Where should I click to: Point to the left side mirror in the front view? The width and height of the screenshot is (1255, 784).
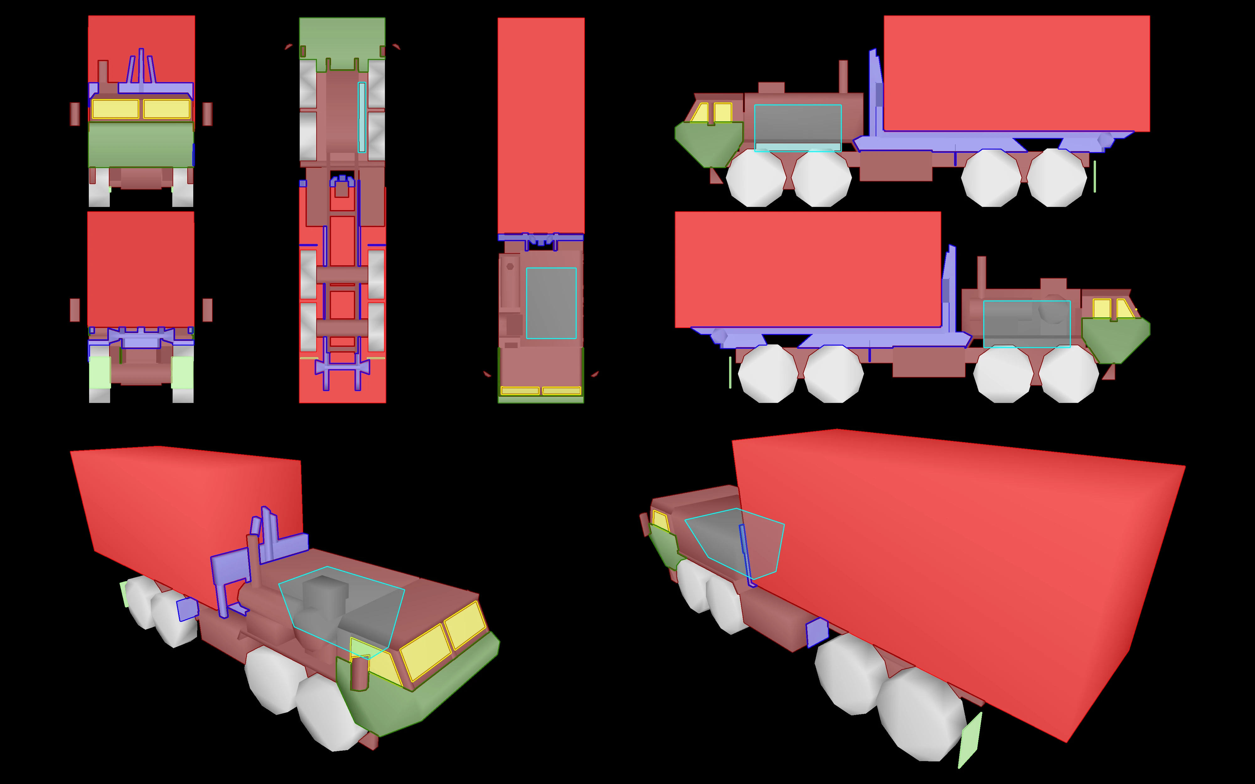click(75, 114)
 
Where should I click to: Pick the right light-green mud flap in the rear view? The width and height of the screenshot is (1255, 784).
click(183, 372)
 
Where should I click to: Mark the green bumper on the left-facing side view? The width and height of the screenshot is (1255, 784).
click(708, 143)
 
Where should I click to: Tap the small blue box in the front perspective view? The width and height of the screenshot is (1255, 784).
click(187, 610)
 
